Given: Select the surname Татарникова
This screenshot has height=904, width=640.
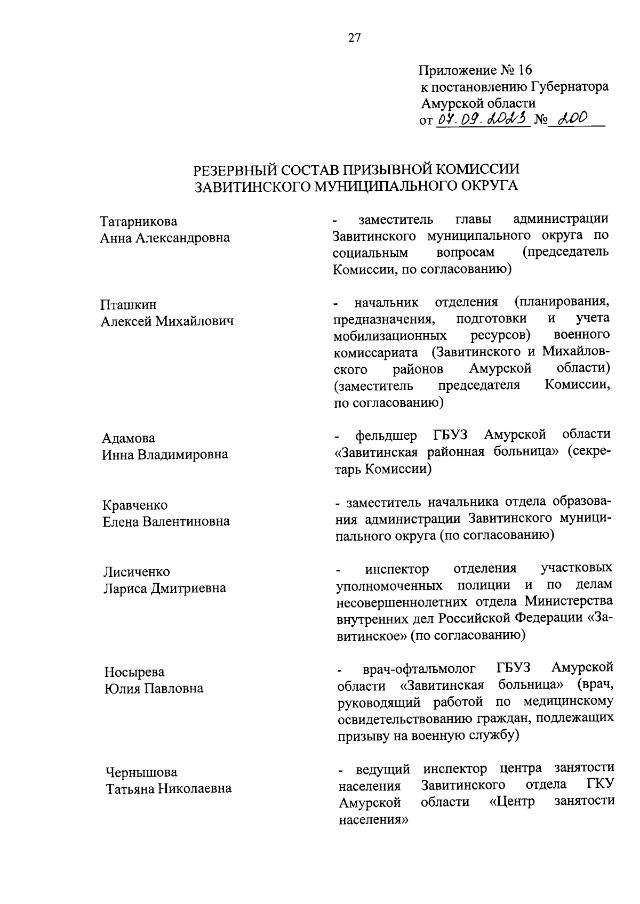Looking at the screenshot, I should point(139,222).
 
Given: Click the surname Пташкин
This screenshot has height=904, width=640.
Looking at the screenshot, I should point(129,305).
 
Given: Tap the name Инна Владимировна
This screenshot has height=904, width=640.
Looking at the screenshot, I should point(165,454).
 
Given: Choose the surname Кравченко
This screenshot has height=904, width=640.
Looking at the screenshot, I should point(135,505).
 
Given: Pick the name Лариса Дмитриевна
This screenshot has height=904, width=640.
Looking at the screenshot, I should point(165,588).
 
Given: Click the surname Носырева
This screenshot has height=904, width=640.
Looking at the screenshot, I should point(134,672).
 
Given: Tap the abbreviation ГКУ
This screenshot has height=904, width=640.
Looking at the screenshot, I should point(599,785).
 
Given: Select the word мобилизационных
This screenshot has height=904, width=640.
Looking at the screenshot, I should point(390,336).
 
